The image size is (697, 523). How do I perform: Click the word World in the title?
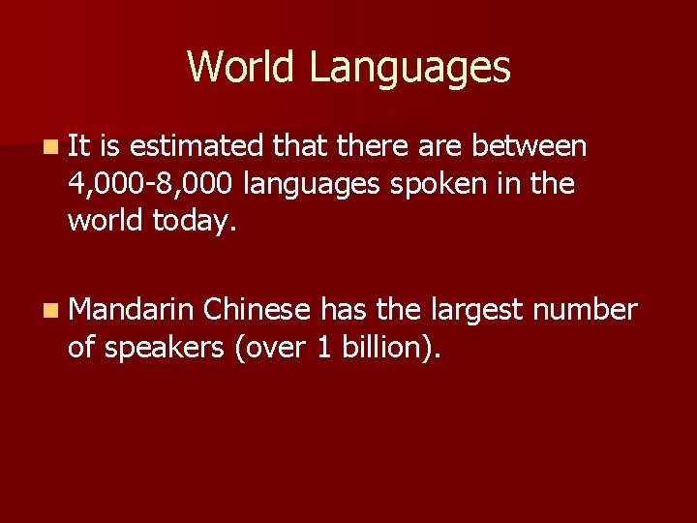[241, 67]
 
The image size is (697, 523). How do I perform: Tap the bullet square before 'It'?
[49, 146]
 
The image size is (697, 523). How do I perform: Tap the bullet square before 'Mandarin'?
[49, 311]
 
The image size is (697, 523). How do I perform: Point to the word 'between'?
[530, 146]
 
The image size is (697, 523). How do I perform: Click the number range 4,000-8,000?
[150, 183]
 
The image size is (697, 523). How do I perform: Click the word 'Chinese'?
[258, 310]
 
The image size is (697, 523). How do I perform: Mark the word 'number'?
[586, 310]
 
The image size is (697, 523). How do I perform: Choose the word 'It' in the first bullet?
[79, 146]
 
